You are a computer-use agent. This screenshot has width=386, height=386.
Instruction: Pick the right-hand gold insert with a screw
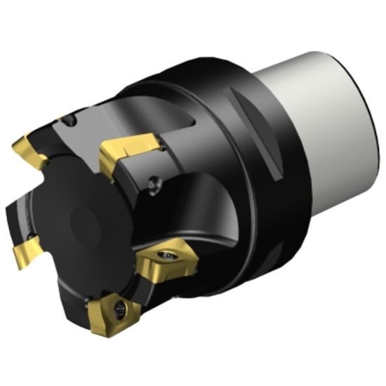point(167,265)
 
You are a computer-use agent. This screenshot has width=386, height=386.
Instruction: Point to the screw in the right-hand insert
point(170,257)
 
